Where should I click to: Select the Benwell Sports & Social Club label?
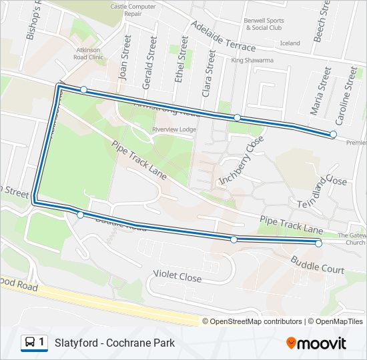pos(264,24)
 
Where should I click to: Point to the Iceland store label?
pos(290,43)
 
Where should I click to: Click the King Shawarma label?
pos(252,61)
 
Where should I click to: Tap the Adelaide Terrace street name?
pos(223,36)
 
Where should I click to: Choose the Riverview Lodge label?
pos(173,129)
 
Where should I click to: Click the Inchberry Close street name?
pos(242,160)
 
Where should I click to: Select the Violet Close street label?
pos(177,275)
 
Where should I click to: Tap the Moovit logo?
pos(316,343)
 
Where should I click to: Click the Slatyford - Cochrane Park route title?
pos(115,343)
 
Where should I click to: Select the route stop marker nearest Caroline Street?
pos(333,135)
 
